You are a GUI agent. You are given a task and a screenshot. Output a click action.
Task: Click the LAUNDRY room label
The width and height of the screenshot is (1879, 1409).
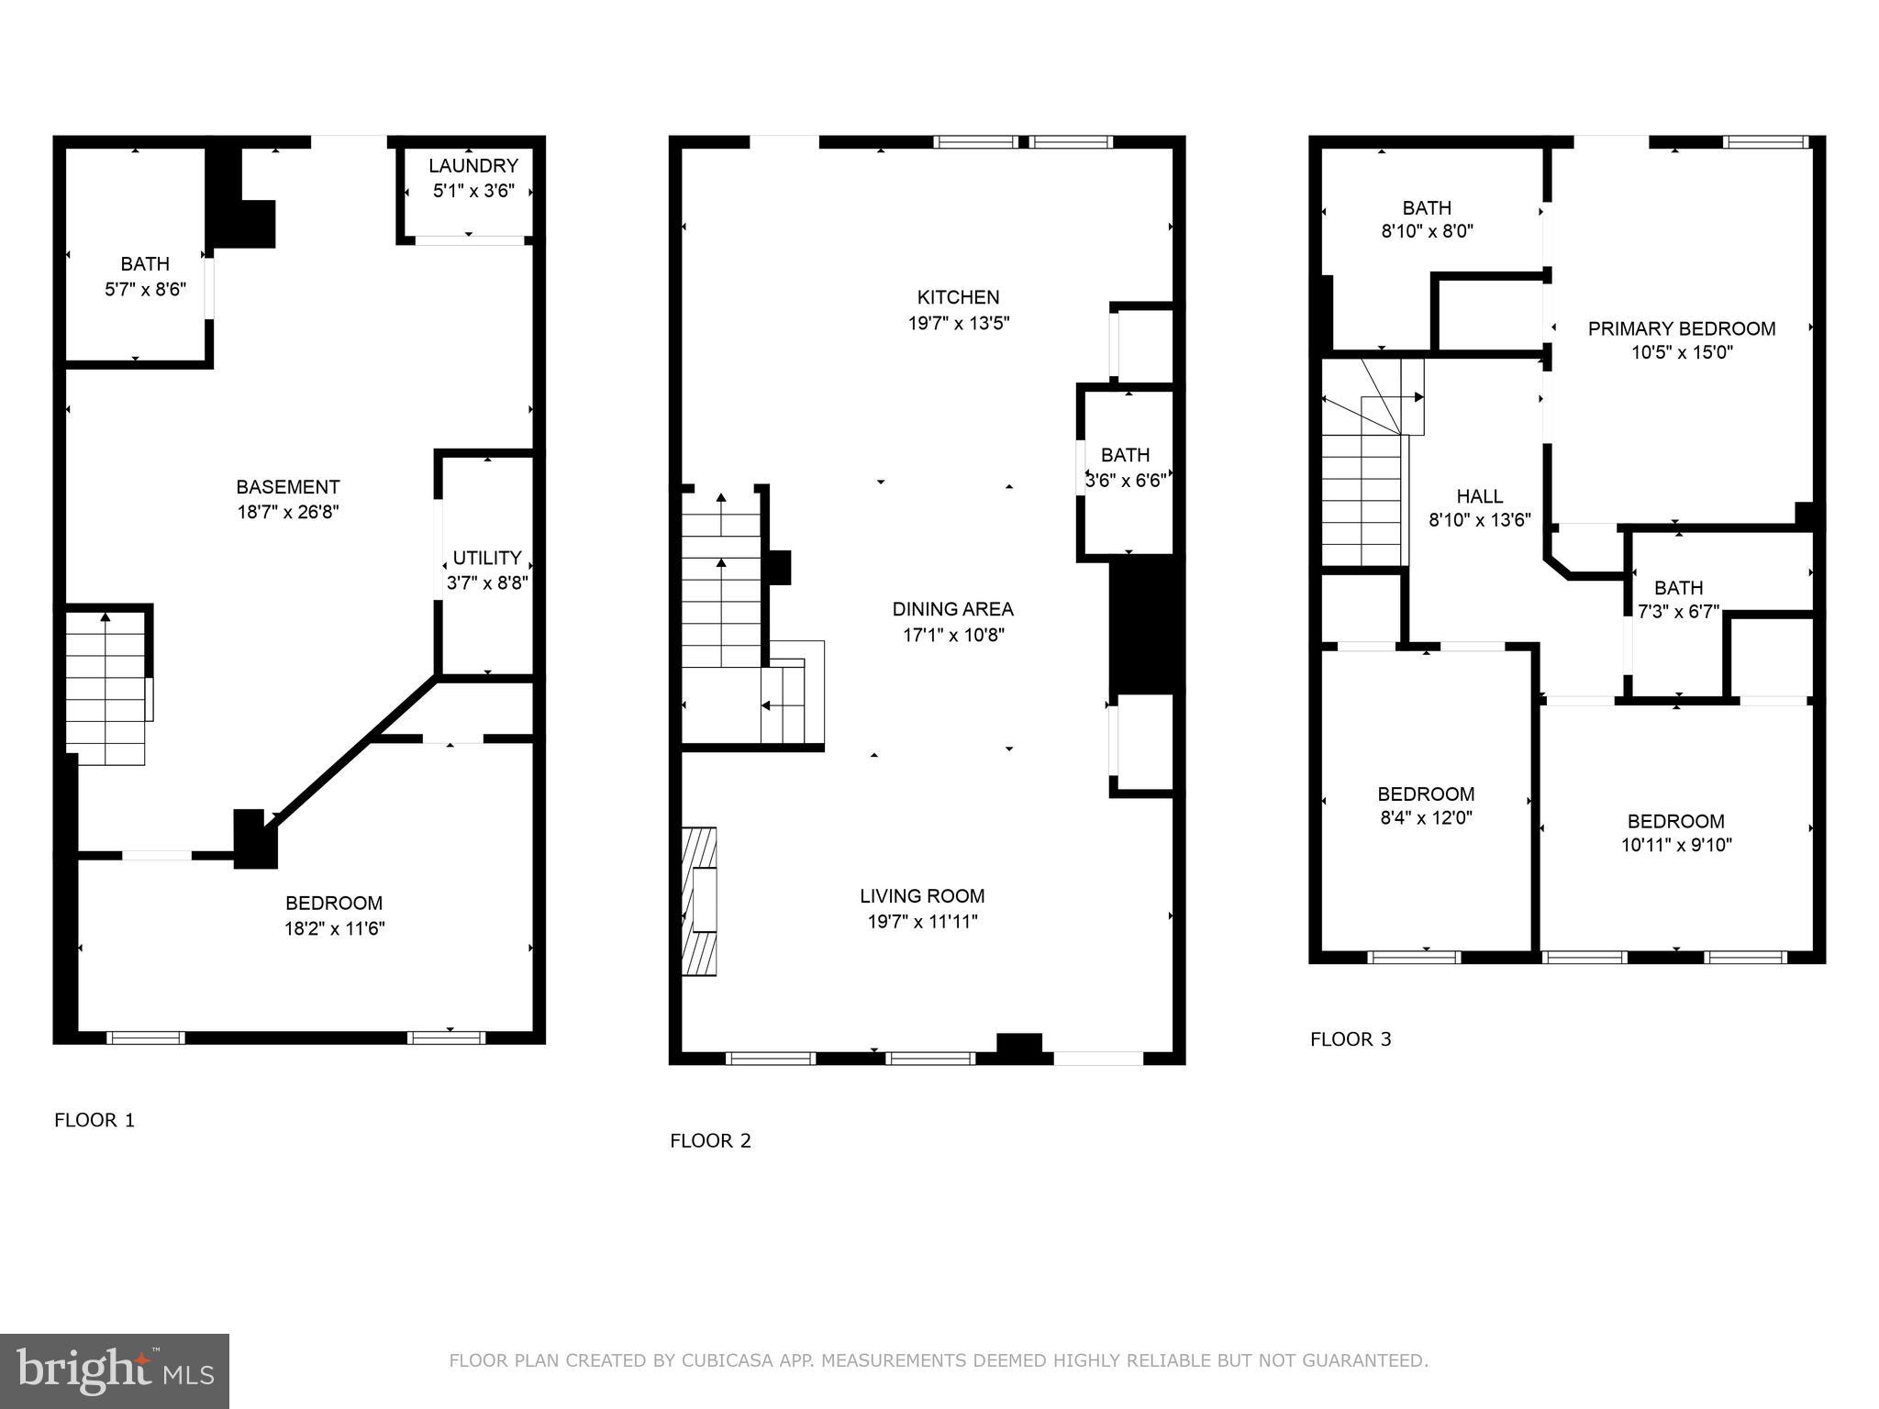[x=473, y=166]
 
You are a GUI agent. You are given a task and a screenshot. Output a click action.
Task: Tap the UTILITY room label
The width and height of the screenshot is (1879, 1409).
[x=487, y=558]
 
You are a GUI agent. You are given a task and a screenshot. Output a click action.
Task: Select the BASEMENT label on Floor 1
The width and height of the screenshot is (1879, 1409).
[x=288, y=487]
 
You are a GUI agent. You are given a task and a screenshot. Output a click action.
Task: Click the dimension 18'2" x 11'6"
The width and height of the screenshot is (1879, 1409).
[x=334, y=928]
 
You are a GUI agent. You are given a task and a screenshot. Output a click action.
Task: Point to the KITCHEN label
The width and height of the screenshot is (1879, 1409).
[x=958, y=297]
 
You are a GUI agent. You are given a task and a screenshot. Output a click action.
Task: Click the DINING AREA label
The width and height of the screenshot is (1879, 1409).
[x=952, y=609]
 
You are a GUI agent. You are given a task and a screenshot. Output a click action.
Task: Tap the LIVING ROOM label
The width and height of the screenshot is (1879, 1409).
[x=922, y=896]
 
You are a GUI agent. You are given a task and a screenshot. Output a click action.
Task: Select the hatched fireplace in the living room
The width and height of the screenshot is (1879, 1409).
[x=699, y=901]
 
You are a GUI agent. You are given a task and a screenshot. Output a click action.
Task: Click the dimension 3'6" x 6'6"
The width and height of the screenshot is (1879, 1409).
[x=1126, y=480]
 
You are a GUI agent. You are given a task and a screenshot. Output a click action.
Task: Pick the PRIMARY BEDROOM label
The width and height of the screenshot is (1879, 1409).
[x=1681, y=328]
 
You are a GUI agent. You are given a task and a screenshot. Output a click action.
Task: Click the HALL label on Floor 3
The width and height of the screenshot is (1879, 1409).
[x=1479, y=496]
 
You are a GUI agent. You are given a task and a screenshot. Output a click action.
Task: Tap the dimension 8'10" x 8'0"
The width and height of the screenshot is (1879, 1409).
[x=1427, y=231]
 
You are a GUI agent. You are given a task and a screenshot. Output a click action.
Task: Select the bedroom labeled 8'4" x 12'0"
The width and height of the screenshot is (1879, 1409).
[x=1426, y=794]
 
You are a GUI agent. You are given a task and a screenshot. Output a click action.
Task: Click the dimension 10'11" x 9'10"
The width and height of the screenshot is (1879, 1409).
[x=1675, y=845]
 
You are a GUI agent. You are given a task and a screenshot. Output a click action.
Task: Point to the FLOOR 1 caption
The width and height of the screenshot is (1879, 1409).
[x=95, y=1120]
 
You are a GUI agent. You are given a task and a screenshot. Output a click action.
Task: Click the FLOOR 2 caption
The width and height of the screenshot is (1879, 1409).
[x=710, y=1140]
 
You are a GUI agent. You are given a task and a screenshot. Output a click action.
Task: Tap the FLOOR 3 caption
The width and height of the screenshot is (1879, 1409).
[x=1351, y=1039]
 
